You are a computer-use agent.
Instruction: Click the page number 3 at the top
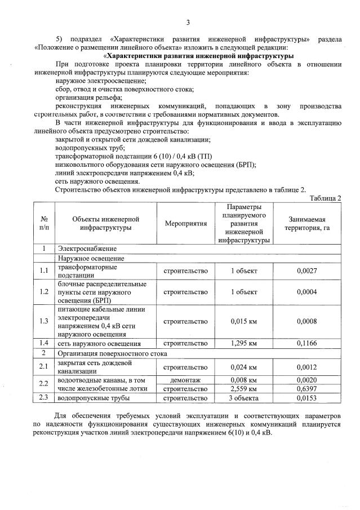[x=188, y=23]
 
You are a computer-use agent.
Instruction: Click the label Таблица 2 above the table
[x=325, y=198]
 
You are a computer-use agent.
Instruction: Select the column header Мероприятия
[x=186, y=224]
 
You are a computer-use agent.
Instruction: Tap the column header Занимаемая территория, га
[x=307, y=224]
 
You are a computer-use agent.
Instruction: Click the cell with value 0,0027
[x=307, y=271]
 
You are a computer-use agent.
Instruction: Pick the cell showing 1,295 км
[x=244, y=343]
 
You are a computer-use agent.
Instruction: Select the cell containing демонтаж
[x=186, y=380]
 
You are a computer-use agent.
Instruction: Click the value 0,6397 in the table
[x=307, y=388]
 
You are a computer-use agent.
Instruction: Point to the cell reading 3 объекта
[x=244, y=398]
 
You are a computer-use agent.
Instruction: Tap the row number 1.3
[x=44, y=321]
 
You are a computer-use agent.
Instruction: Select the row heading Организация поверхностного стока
[x=112, y=353]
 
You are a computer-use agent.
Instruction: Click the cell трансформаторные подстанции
[x=85, y=271]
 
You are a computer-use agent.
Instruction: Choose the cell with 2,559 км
[x=244, y=388]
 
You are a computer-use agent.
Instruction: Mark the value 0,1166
[x=307, y=343]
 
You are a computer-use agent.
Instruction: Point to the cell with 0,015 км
[x=244, y=321]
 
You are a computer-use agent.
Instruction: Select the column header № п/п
[x=44, y=224]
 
